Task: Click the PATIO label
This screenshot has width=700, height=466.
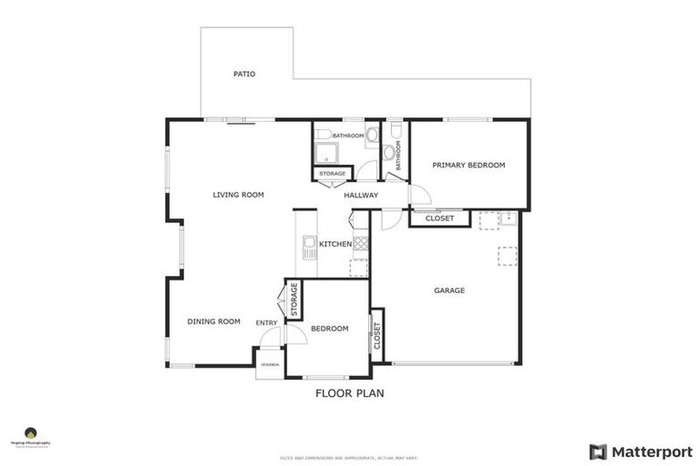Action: coord(243,74)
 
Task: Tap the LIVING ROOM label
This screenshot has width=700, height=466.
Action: coord(238,195)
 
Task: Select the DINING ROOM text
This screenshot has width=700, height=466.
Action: coord(213,321)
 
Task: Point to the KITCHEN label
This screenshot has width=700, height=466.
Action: coord(335,244)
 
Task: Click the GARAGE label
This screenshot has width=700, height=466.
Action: coord(449,290)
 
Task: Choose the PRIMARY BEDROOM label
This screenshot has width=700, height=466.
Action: coord(468,166)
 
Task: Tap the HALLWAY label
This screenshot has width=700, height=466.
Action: coord(361,196)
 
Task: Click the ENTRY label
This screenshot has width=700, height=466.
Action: coord(267,323)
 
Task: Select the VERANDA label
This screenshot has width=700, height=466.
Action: coord(270,364)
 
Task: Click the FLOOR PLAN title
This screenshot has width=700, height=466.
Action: coord(350,394)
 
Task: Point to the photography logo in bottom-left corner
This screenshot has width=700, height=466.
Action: coord(30,436)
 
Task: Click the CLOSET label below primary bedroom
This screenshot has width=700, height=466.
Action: coord(439,218)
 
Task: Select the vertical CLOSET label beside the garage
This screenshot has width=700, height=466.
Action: coord(376,336)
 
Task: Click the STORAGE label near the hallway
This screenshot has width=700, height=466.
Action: coord(332,174)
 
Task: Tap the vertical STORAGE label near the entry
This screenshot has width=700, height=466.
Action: coord(293,299)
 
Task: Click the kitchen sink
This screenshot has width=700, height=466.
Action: coord(309,248)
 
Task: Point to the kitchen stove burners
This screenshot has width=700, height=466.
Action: coord(360,243)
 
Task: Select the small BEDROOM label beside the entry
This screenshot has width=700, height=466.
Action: coord(330,329)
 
